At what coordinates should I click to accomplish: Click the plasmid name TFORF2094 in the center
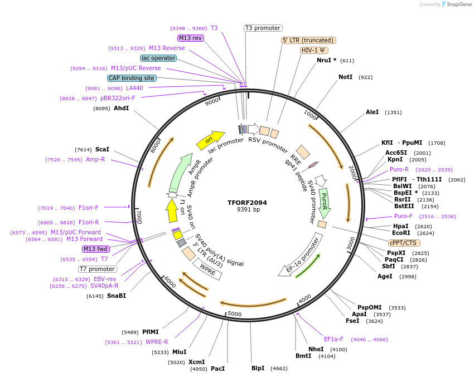pyautogui.click(x=248, y=202)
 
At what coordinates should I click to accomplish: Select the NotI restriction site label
pyautogui.click(x=345, y=77)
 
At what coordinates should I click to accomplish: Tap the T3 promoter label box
pyautogui.click(x=263, y=28)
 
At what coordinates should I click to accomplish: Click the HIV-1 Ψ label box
pyautogui.click(x=314, y=50)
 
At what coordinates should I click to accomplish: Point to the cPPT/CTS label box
pyautogui.click(x=404, y=243)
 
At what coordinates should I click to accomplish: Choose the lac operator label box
pyautogui.click(x=158, y=58)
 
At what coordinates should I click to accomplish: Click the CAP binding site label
pyautogui.click(x=132, y=78)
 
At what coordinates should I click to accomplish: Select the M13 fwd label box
pyautogui.click(x=96, y=249)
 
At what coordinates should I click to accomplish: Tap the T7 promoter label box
pyautogui.click(x=97, y=269)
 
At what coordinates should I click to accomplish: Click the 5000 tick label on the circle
pyautogui.click(x=234, y=314)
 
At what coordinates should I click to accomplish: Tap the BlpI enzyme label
pyautogui.click(x=258, y=368)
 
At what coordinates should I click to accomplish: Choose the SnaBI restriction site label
pyautogui.click(x=117, y=296)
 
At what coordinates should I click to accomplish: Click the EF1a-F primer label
pyautogui.click(x=333, y=339)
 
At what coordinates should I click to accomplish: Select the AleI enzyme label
pyautogui.click(x=372, y=112)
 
